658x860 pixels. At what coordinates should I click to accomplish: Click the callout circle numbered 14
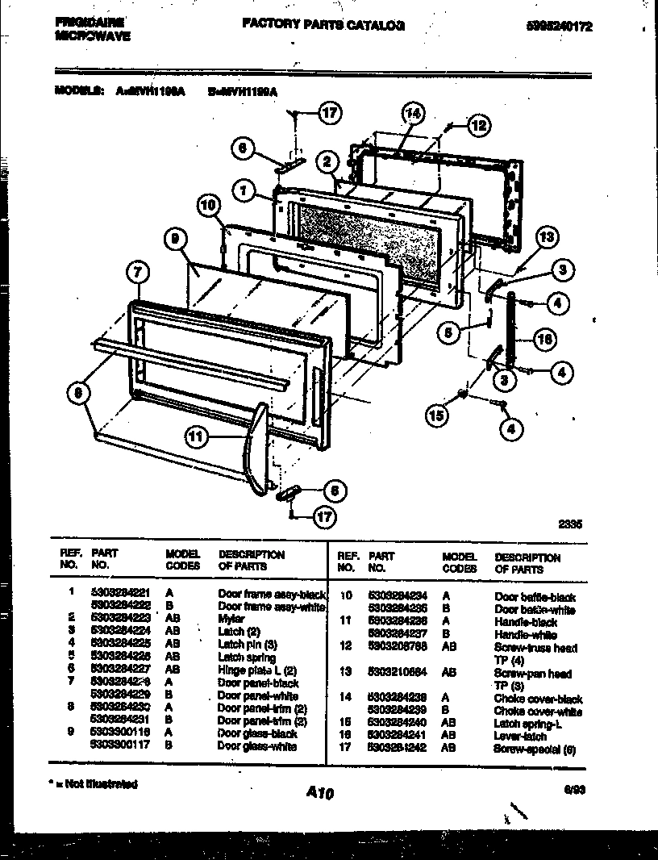[412, 115]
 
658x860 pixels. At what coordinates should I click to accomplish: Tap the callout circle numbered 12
[478, 125]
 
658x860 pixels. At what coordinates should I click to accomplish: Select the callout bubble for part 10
[209, 206]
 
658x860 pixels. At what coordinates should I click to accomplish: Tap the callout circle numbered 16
[544, 339]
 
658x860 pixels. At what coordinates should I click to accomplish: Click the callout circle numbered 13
[547, 237]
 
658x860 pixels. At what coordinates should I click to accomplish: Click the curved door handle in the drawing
[256, 448]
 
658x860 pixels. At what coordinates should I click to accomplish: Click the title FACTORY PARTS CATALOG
[324, 25]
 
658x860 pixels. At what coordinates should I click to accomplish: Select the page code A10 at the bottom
[320, 793]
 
